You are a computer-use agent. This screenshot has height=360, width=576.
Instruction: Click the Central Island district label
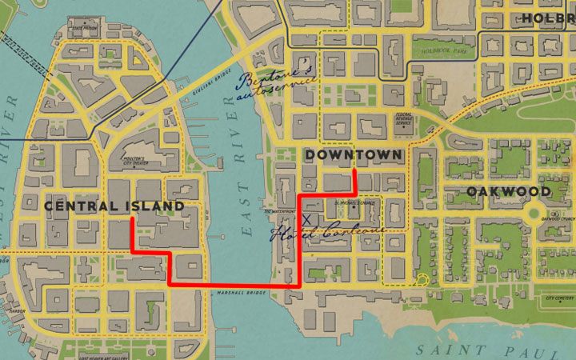point(114,206)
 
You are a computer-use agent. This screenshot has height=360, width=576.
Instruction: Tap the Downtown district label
point(354,154)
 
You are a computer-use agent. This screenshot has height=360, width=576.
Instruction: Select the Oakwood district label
point(509,192)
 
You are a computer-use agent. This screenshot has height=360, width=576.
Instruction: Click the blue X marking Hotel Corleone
point(306,218)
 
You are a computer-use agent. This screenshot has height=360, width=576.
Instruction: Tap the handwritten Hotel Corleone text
point(328,233)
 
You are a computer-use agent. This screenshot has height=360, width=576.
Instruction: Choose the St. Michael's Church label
point(354,203)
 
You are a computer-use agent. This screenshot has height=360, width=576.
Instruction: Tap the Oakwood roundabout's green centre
point(534,213)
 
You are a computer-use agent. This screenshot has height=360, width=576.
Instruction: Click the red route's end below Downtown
point(354,170)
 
